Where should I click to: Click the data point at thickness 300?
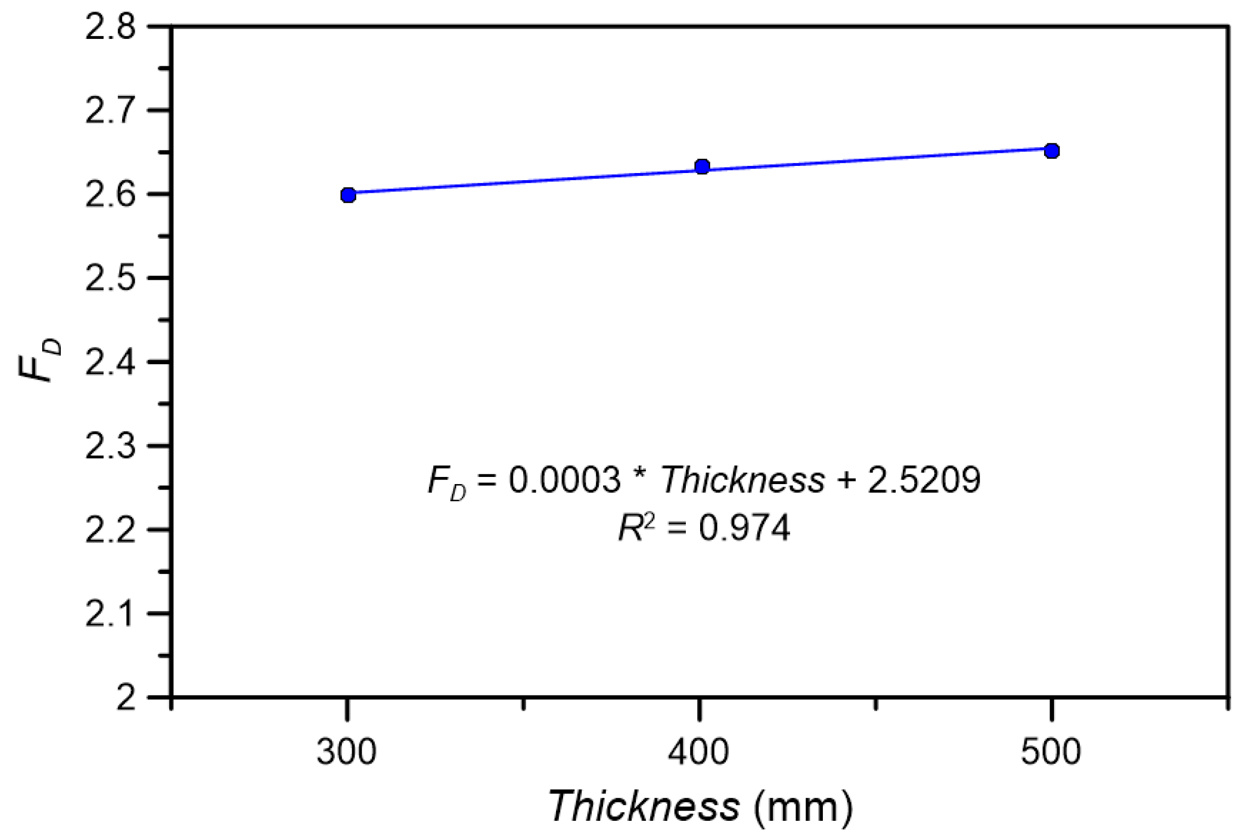[x=348, y=195]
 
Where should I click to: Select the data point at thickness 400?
[x=702, y=166]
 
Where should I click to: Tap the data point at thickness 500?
[x=1051, y=151]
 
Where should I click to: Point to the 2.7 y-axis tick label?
[x=110, y=111]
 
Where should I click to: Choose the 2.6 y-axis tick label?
[x=110, y=195]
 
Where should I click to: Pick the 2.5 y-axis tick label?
[x=110, y=279]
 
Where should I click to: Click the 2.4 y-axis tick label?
[x=110, y=363]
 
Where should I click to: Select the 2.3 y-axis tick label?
[x=110, y=446]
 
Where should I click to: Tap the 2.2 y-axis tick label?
[x=110, y=530]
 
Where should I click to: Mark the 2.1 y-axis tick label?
[x=110, y=614]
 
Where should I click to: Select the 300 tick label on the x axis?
[x=346, y=752]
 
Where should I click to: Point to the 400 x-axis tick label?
[x=698, y=752]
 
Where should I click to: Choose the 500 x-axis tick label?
[x=1051, y=752]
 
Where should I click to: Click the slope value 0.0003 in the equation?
[x=565, y=480]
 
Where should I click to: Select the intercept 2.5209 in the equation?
[x=924, y=480]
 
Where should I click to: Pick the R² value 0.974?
[x=744, y=528]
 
